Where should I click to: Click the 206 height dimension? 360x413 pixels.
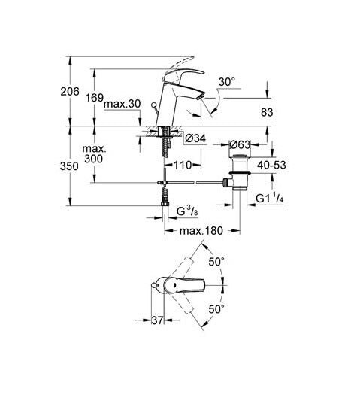pos(70,91)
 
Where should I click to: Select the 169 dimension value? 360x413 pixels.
pos(95,98)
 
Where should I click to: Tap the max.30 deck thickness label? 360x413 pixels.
pos(122,104)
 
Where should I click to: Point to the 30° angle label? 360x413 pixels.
pos(227,82)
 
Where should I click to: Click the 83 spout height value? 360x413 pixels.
pos(267,113)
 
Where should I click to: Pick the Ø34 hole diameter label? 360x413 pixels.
pos(195,138)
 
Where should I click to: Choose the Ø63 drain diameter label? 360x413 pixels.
pos(240,144)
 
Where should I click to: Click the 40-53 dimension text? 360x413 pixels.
pos(271,166)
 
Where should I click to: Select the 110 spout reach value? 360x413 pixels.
pos(183,166)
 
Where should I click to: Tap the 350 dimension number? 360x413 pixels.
pos(69,166)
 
